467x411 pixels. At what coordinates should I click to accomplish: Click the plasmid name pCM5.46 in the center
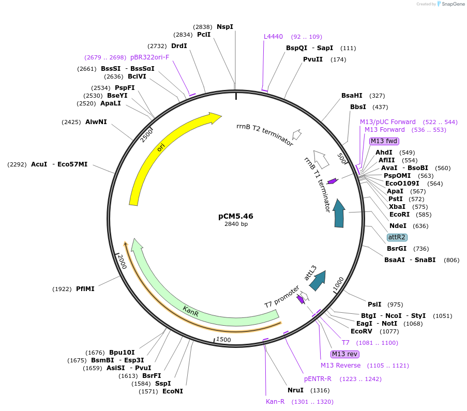[x=236, y=216]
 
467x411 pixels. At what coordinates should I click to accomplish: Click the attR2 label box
[x=397, y=237]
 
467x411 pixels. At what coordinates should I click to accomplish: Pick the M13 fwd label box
[x=384, y=141]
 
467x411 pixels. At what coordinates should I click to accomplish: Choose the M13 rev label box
[x=345, y=354]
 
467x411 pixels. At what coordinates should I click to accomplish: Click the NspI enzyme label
[x=225, y=26]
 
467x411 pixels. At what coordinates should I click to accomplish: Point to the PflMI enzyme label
[x=85, y=289]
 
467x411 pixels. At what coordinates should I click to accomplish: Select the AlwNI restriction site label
[x=96, y=122]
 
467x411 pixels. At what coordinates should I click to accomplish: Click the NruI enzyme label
[x=295, y=390]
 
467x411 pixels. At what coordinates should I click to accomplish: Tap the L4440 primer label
[x=273, y=37]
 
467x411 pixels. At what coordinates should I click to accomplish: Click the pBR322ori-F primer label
[x=149, y=57]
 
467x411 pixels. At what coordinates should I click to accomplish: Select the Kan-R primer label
[x=275, y=402]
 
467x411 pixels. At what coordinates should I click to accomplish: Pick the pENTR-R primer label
[x=318, y=379]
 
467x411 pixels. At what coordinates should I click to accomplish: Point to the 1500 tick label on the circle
[x=223, y=339]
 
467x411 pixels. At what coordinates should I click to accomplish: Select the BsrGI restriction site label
[x=397, y=249]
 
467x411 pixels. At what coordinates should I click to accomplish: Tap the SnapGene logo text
[x=451, y=4]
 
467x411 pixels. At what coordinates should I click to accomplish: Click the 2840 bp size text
[x=236, y=224]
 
